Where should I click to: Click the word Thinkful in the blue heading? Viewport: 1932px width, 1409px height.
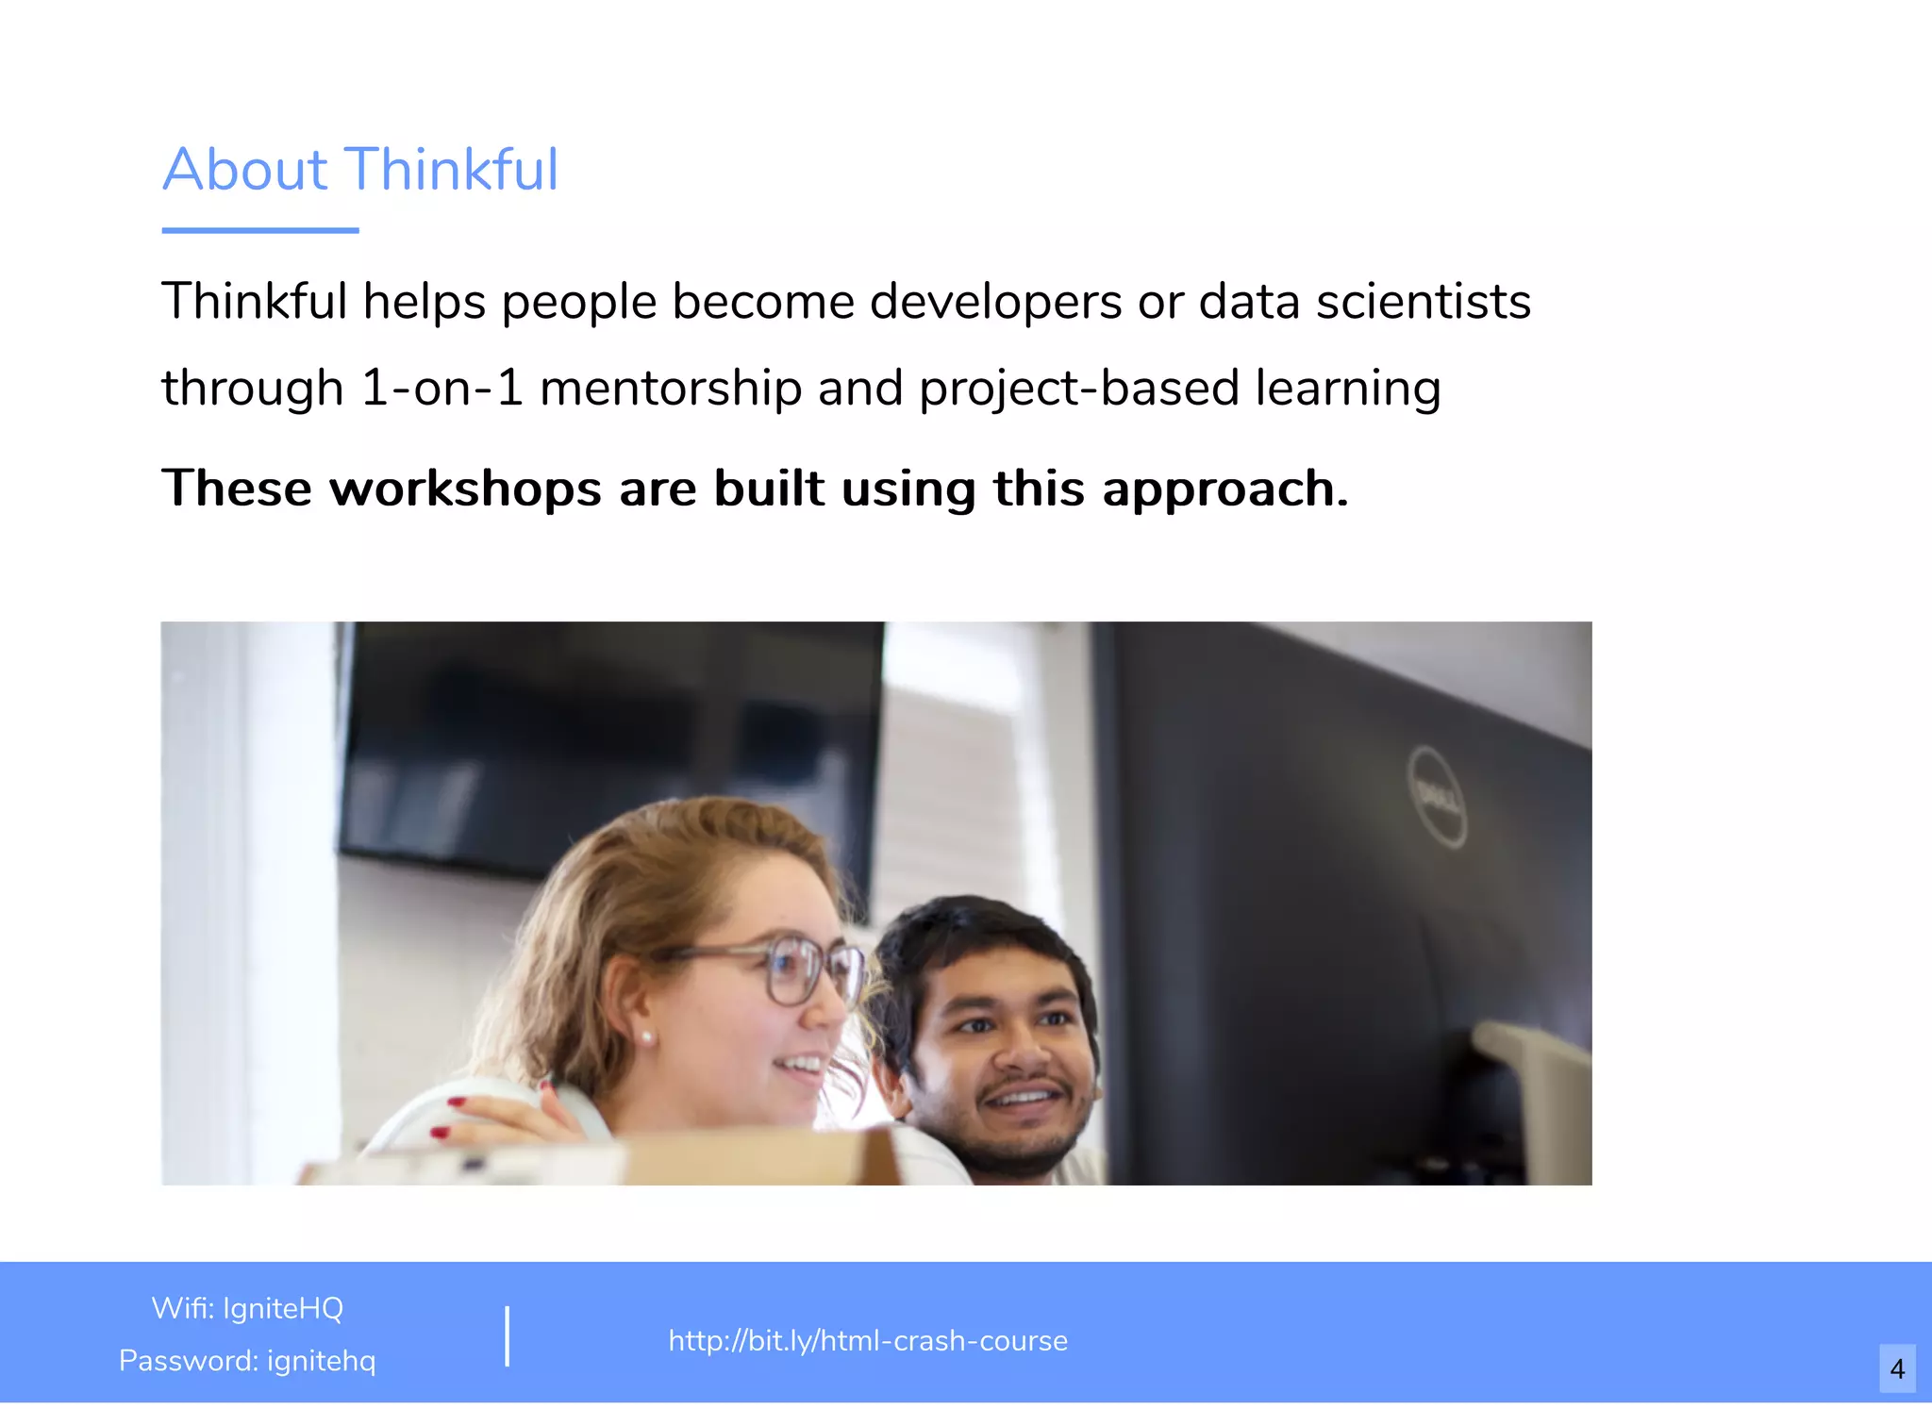pos(453,170)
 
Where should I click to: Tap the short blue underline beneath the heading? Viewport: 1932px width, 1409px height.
pos(260,230)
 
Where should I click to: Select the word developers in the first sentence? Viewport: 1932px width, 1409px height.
pos(995,303)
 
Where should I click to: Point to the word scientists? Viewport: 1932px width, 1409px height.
pos(1424,303)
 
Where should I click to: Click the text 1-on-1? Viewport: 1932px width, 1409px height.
pos(441,389)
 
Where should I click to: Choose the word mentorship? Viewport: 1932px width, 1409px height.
pos(671,389)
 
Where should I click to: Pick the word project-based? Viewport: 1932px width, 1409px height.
pos(1079,389)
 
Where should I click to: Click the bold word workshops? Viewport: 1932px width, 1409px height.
pos(465,489)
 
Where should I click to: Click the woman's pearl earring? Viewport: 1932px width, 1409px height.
pos(649,1037)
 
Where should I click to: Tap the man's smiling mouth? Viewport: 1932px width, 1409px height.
pos(1023,1099)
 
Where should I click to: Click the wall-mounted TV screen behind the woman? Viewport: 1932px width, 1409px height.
pos(604,736)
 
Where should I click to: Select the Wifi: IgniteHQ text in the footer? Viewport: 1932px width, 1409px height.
pos(247,1308)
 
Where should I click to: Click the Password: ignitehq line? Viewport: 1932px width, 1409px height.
pos(247,1361)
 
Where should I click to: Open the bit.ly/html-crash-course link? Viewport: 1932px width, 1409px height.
pos(868,1340)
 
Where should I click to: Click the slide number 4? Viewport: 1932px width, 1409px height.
pos(1897,1368)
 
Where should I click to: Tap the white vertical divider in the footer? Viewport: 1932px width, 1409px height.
pos(508,1335)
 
